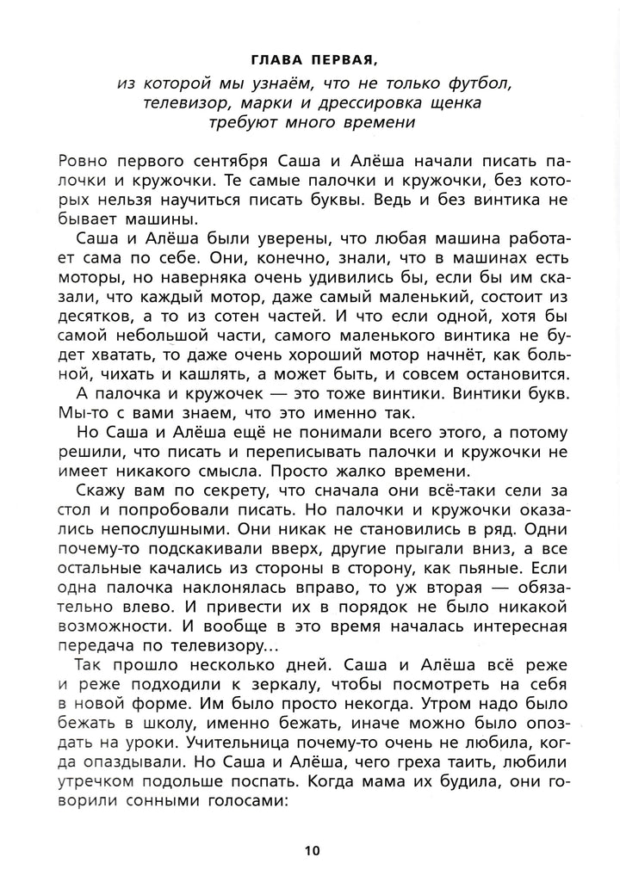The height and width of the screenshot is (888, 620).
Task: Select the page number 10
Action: (x=311, y=851)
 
